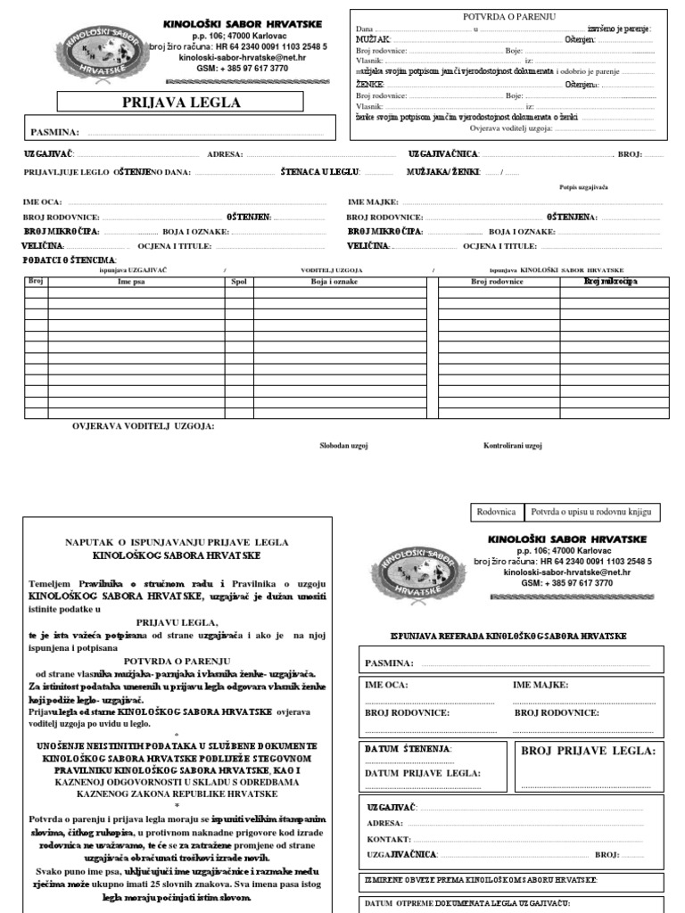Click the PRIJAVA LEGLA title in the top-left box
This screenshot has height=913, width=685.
pos(181,103)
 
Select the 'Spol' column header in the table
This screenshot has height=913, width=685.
pos(239,281)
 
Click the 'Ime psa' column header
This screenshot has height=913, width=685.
pos(131,281)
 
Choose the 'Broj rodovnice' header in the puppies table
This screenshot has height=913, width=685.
pos(497,281)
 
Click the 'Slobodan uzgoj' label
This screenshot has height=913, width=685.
pos(344,445)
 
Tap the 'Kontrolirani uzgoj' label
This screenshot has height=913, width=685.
pos(513,445)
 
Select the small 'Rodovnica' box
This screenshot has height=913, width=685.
pos(498,512)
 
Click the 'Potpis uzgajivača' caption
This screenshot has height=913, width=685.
pos(583,188)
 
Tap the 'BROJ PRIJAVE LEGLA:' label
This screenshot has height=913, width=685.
pos(588,752)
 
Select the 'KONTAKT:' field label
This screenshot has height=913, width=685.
pos(388,839)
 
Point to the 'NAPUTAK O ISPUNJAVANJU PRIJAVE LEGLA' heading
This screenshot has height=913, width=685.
pos(176,541)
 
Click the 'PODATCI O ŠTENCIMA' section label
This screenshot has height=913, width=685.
pos(70,259)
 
